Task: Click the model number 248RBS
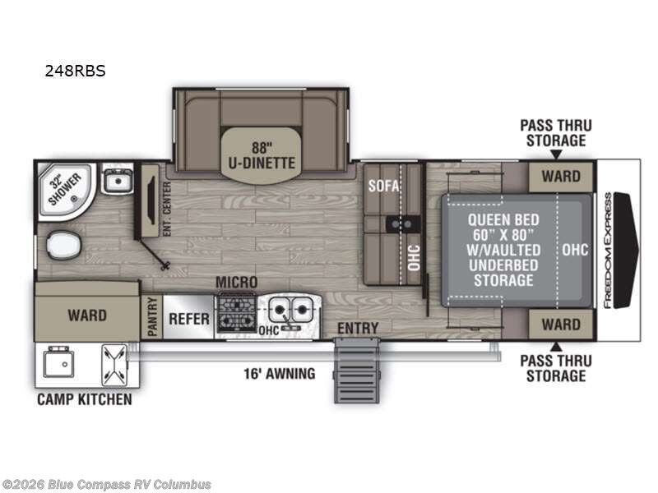[x=75, y=71]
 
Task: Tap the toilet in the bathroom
[x=59, y=244]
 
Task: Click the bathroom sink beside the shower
[x=118, y=179]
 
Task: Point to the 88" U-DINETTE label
[x=262, y=156]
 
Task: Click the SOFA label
[x=383, y=186]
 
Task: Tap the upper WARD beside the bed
[x=560, y=176]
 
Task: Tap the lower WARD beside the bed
[x=560, y=324]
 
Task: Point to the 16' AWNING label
[x=278, y=374]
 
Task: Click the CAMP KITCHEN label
[x=84, y=400]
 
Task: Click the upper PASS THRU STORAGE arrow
[x=555, y=154]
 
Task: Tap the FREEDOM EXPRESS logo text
[x=608, y=251]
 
